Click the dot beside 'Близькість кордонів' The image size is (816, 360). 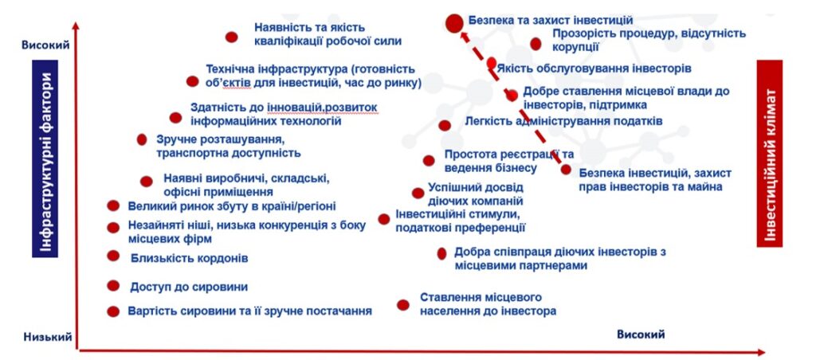(x=113, y=256)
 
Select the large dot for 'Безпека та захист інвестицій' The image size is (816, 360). (x=454, y=23)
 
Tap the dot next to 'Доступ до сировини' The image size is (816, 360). (x=113, y=286)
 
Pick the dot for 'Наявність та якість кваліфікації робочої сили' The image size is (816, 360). (x=232, y=37)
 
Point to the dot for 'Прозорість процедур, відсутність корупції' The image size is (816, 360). (x=535, y=44)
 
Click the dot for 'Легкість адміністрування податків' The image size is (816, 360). (x=445, y=125)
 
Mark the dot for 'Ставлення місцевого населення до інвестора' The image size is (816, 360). (x=403, y=305)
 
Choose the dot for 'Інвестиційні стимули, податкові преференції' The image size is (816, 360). (x=384, y=219)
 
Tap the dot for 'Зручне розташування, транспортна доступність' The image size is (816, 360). (x=142, y=139)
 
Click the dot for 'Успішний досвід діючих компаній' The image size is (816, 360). (x=418, y=193)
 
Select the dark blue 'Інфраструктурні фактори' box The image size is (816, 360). (x=45, y=158)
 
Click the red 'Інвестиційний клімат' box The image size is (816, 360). (x=770, y=153)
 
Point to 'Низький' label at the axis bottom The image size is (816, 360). (x=47, y=337)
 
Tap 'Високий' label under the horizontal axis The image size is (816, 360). (x=641, y=334)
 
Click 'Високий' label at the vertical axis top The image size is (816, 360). (x=45, y=45)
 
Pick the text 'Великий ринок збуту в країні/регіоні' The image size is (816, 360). (x=232, y=206)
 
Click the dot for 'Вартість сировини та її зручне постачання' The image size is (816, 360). (x=113, y=311)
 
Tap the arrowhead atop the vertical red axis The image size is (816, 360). (x=76, y=26)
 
